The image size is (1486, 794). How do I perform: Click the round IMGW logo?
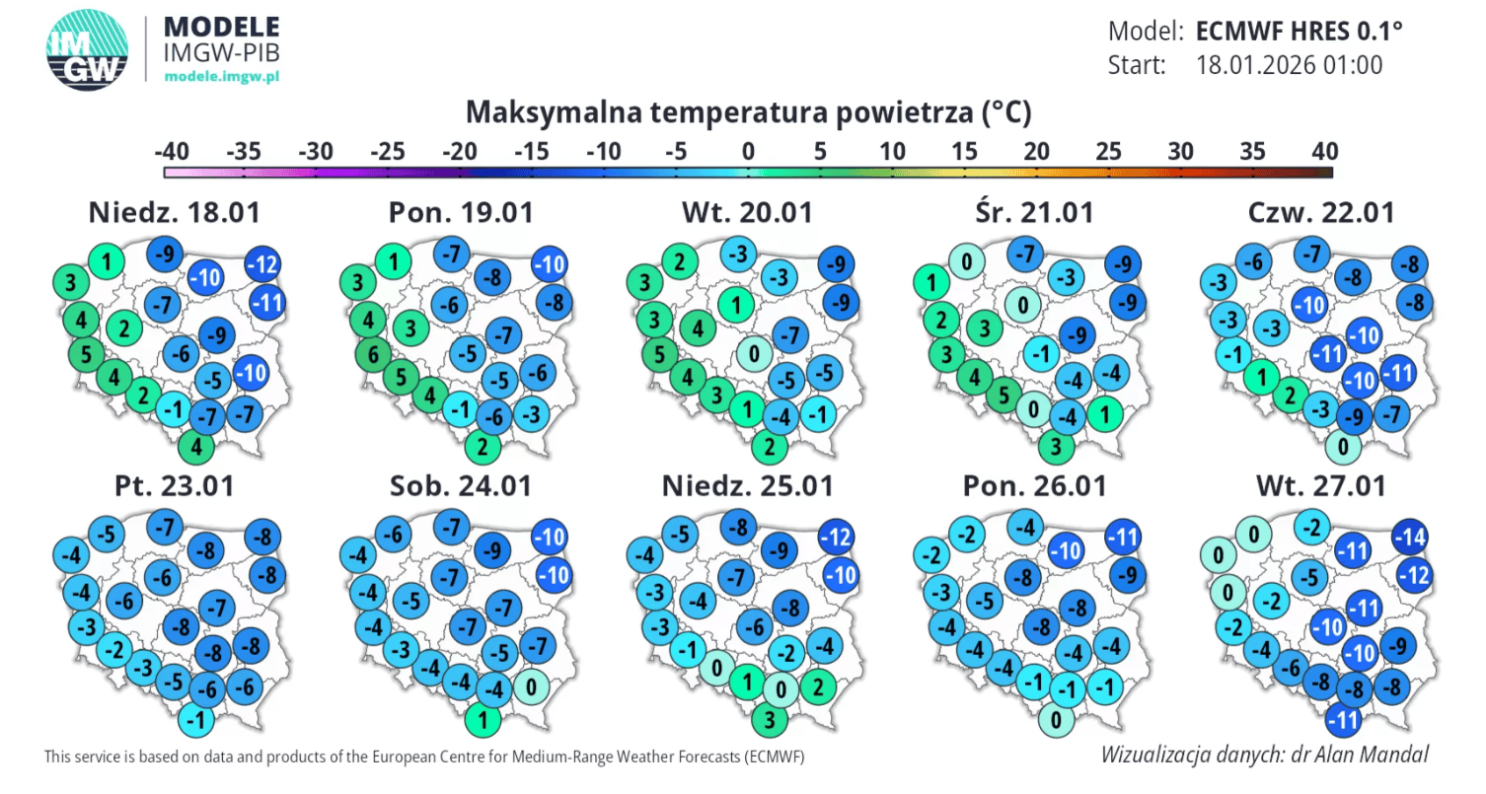click(88, 48)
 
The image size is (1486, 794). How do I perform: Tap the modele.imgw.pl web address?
click(222, 76)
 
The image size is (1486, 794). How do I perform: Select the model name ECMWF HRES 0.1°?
click(1299, 31)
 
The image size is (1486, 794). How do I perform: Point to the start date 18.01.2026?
click(1289, 65)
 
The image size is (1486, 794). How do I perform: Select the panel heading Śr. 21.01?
click(1031, 212)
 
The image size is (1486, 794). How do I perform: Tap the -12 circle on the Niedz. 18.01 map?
click(263, 264)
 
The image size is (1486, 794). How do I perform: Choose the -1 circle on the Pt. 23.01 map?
click(197, 720)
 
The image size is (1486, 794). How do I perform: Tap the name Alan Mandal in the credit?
click(1377, 755)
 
